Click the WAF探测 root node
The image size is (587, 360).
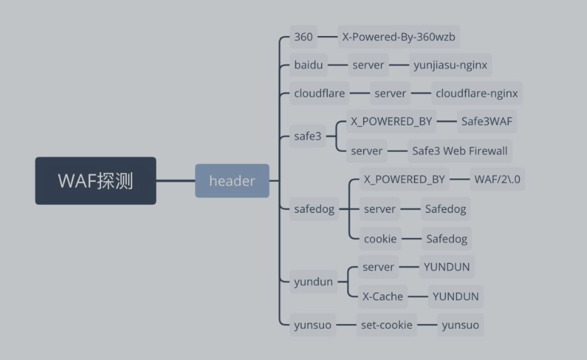(96, 181)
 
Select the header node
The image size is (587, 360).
(232, 181)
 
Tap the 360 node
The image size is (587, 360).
(304, 37)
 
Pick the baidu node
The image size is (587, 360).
(308, 66)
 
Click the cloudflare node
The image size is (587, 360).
(319, 93)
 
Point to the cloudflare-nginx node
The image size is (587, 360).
(477, 93)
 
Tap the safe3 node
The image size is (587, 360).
(308, 136)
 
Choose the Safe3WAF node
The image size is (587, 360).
(487, 122)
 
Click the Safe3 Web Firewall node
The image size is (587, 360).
(460, 151)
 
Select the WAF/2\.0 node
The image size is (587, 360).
(499, 180)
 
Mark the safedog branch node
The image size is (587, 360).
(315, 209)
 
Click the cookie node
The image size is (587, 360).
(380, 238)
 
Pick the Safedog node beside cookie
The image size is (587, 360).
(445, 238)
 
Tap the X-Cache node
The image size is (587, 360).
(382, 296)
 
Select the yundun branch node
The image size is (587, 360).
(313, 281)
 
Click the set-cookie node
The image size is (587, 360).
(386, 325)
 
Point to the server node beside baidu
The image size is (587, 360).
(368, 66)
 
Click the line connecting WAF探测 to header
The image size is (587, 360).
(176, 181)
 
